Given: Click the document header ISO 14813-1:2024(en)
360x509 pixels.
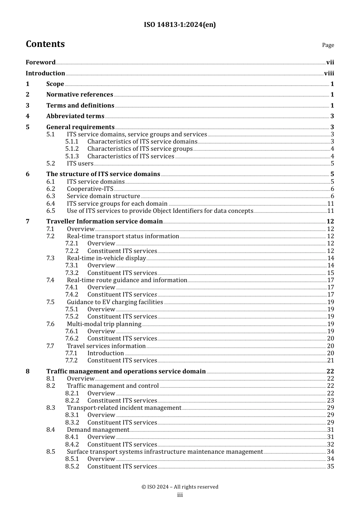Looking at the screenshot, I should [180, 25].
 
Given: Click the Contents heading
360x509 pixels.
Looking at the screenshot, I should [45, 44].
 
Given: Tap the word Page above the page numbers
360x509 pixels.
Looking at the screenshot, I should [328, 45].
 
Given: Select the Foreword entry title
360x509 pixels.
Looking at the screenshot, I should [41, 62].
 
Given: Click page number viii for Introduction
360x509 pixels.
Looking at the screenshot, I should [329, 73].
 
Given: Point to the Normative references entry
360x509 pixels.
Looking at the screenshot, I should [80, 95].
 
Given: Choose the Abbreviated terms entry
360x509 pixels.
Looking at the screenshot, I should [75, 116].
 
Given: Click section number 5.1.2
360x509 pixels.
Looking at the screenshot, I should [72, 149].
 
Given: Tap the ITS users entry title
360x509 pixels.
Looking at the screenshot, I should [80, 164].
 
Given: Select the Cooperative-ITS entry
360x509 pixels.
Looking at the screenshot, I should [90, 189].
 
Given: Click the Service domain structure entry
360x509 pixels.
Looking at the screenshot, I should [103, 196].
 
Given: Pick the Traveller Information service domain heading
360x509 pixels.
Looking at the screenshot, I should [104, 222].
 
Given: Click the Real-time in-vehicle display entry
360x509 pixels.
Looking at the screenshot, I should [106, 258].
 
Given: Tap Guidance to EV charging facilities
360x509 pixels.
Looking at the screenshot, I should [115, 302].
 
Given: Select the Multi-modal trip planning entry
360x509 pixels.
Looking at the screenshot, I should [104, 324].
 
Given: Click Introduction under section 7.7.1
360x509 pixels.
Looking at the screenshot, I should [105, 353].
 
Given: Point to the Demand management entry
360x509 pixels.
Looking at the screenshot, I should [98, 430].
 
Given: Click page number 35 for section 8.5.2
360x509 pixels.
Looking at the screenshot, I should [330, 467].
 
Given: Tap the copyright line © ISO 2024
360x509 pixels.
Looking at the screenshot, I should [180, 487].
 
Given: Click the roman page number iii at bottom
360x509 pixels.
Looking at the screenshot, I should [180, 495].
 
